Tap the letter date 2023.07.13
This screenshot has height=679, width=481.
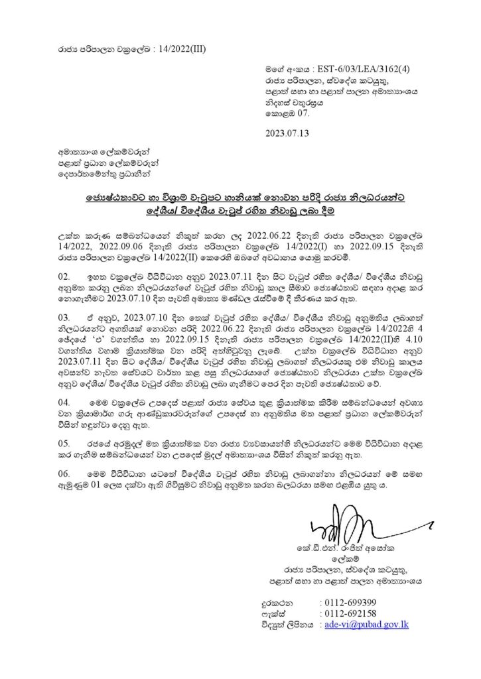click(287, 132)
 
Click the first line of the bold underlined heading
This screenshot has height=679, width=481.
click(240, 199)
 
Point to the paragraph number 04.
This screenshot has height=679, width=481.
click(65, 402)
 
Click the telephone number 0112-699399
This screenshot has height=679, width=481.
click(348, 603)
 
